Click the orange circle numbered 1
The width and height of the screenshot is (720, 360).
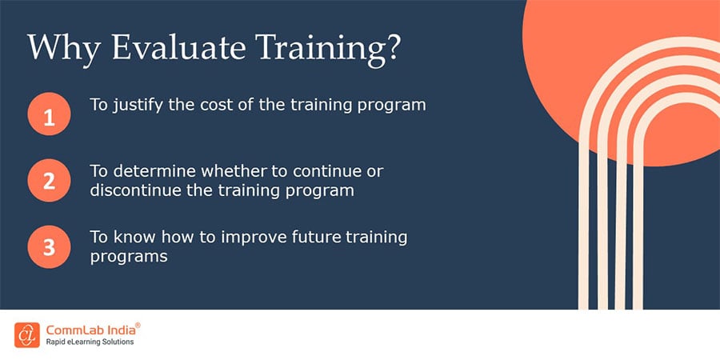(x=49, y=118)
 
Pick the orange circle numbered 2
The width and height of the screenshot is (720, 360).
(x=49, y=181)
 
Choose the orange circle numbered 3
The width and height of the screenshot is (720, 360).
(x=49, y=247)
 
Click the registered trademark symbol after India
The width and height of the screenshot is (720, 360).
(x=138, y=325)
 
